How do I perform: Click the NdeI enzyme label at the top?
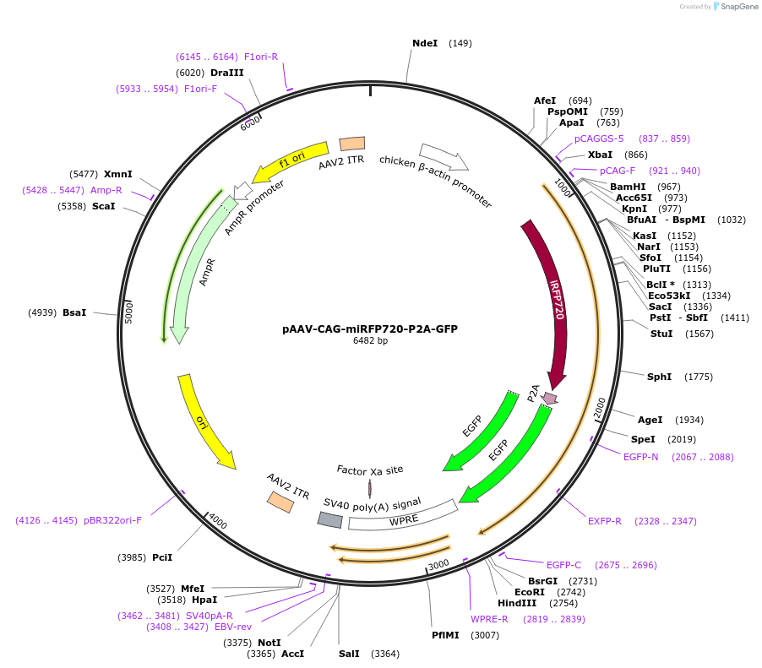click(425, 43)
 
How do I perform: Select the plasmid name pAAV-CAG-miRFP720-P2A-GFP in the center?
click(370, 329)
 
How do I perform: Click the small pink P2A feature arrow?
click(550, 397)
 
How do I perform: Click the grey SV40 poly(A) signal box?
click(329, 519)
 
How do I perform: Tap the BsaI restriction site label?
click(74, 312)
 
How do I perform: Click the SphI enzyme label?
click(659, 377)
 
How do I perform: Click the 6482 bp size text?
click(370, 341)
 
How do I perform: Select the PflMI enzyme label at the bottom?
click(445, 635)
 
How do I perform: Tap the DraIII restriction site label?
click(227, 73)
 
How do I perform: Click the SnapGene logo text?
click(738, 7)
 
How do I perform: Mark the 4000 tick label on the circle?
click(217, 521)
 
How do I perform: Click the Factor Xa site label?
click(370, 470)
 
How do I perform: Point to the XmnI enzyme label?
click(118, 174)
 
